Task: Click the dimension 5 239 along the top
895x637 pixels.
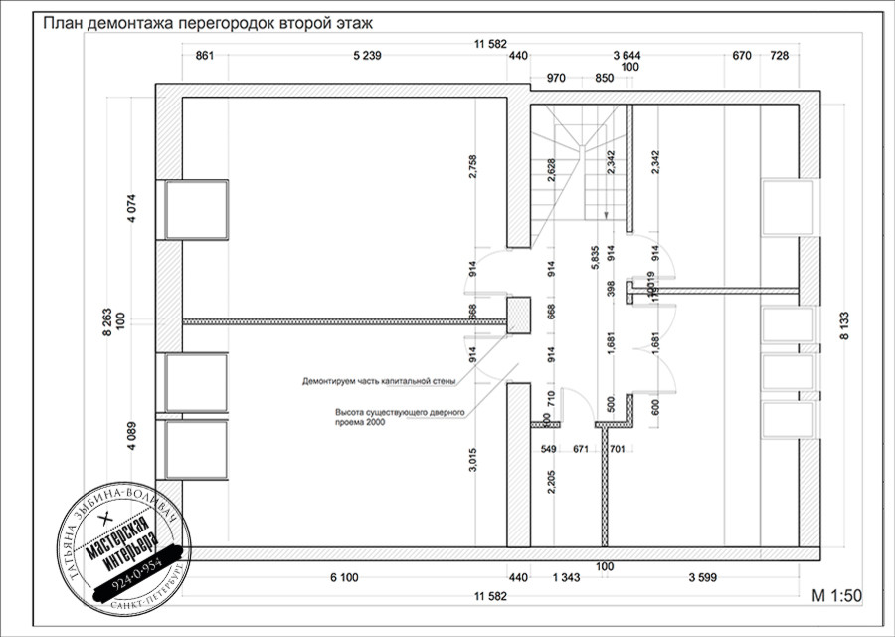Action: coord(367,57)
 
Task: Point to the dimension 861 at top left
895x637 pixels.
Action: coord(205,57)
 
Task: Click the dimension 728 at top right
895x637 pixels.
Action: coord(779,57)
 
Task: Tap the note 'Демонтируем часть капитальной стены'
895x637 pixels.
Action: coord(379,380)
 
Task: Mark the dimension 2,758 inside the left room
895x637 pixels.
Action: coord(473,165)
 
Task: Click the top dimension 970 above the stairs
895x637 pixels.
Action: coord(556,78)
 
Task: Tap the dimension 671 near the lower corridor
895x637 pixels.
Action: coord(581,450)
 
